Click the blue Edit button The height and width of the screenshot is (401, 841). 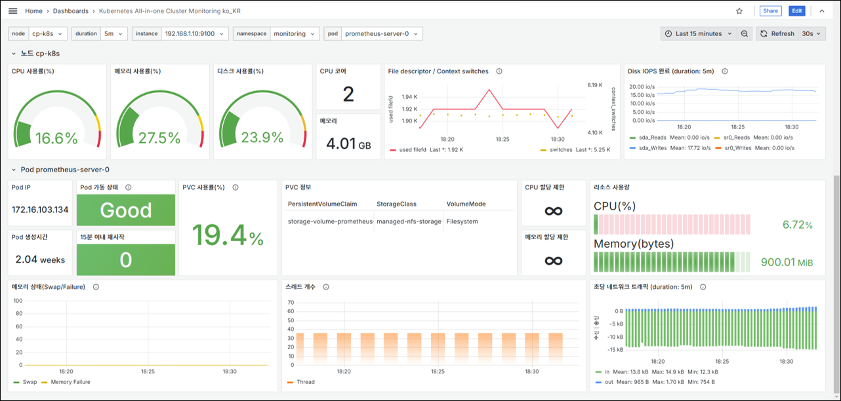pyautogui.click(x=796, y=11)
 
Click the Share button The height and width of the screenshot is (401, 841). pyautogui.click(x=770, y=11)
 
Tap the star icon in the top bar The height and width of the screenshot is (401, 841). pyautogui.click(x=739, y=11)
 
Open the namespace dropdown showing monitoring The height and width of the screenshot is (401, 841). pyautogui.click(x=295, y=33)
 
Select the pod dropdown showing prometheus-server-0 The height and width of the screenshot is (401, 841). pyautogui.click(x=381, y=33)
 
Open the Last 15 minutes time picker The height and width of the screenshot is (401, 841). pyautogui.click(x=699, y=33)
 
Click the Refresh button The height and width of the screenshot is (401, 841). pyautogui.click(x=777, y=33)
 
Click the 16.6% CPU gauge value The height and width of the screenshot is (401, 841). pyautogui.click(x=56, y=138)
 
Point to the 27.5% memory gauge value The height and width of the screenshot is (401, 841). pyautogui.click(x=159, y=138)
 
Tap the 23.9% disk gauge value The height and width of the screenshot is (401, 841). pyautogui.click(x=262, y=138)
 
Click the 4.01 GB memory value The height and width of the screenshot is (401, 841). pyautogui.click(x=348, y=143)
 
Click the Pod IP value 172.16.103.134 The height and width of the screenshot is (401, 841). pyautogui.click(x=40, y=210)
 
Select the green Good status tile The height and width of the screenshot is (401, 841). pyautogui.click(x=126, y=210)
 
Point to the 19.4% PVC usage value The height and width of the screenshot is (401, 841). pyautogui.click(x=228, y=236)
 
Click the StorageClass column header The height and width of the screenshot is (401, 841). pyautogui.click(x=396, y=204)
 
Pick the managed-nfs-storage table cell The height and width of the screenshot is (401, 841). pyautogui.click(x=409, y=221)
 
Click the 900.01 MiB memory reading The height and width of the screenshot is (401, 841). pyautogui.click(x=787, y=262)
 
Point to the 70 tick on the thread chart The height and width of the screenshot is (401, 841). pyautogui.click(x=291, y=302)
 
